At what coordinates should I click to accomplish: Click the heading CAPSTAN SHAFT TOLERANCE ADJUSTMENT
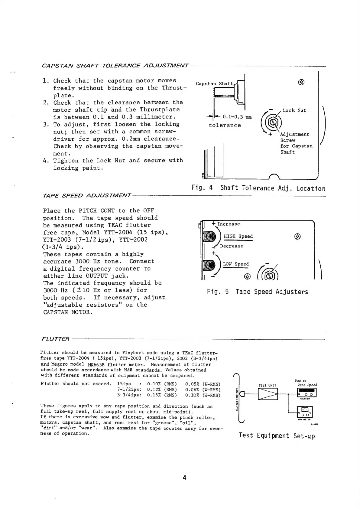pos(115,66)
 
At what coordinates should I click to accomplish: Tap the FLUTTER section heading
pos(55,339)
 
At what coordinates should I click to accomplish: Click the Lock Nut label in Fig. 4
pos(294,110)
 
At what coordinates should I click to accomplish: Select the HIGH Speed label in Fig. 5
pos(238,236)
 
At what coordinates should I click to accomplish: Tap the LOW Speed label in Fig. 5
pos(236,264)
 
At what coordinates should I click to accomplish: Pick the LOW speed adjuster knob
pos(210,265)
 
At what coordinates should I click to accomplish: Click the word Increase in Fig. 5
pos(229,224)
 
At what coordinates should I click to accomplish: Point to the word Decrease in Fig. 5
pos(232,246)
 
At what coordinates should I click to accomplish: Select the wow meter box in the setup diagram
pos(305,412)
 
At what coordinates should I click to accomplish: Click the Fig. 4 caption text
pos(258,188)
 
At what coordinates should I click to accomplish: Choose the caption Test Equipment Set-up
pos(277,436)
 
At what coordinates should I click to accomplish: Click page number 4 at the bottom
pos(184,478)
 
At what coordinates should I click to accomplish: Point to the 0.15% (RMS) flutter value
pos(162,395)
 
